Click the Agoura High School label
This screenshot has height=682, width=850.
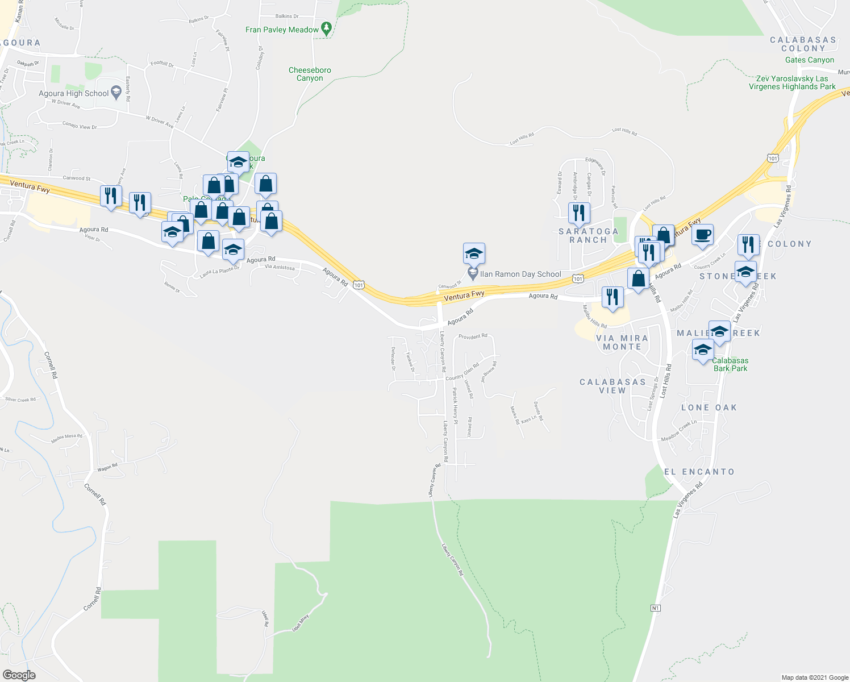[x=74, y=93]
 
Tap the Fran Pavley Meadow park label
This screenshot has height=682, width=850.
[x=282, y=30]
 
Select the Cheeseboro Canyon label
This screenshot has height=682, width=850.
[x=310, y=74]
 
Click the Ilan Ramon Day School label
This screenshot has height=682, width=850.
[x=520, y=274]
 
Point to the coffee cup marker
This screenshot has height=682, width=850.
[x=703, y=235]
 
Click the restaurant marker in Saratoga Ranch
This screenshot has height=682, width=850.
[x=579, y=213]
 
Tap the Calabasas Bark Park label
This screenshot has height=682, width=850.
[x=730, y=364]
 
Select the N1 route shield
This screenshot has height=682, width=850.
[x=656, y=608]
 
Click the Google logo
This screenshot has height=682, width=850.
[x=19, y=675]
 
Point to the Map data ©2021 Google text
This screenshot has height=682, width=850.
[x=815, y=677]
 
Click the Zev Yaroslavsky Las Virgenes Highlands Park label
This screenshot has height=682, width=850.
[x=792, y=83]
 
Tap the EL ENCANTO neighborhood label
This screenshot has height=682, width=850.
[x=699, y=472]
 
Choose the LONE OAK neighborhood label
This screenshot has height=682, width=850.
[x=709, y=407]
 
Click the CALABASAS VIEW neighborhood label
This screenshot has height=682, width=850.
[x=612, y=386]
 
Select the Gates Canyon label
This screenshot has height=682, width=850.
[x=810, y=60]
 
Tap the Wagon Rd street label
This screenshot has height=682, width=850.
[x=107, y=468]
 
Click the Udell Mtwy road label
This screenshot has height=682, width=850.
[x=301, y=623]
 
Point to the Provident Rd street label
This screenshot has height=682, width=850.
[x=473, y=336]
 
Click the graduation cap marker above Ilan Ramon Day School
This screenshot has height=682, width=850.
[x=474, y=253]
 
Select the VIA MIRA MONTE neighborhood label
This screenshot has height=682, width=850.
[x=622, y=342]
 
